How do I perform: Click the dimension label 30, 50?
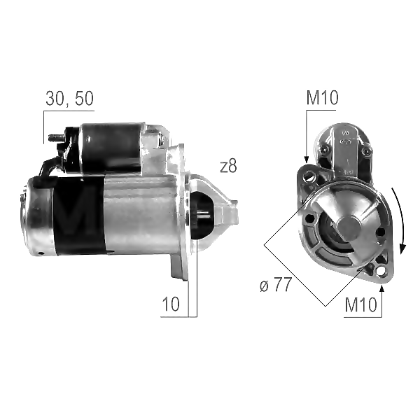point(69,98)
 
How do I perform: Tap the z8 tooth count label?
point(228,167)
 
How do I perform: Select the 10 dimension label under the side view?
point(171,304)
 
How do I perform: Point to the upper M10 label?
point(322,98)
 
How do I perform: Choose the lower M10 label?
point(360,304)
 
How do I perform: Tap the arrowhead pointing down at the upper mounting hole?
point(307,160)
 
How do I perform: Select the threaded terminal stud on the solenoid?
point(56,138)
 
